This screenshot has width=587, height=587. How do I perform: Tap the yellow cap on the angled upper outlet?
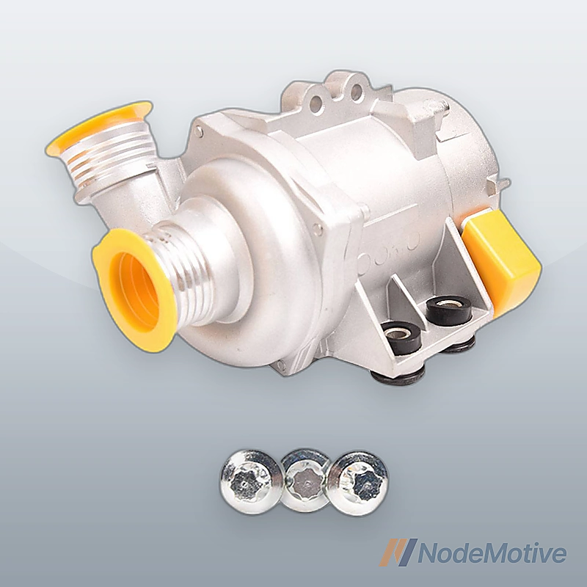[99, 127]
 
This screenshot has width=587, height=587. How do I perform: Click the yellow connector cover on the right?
[503, 255]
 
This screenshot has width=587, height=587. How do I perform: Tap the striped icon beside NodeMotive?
[398, 552]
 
